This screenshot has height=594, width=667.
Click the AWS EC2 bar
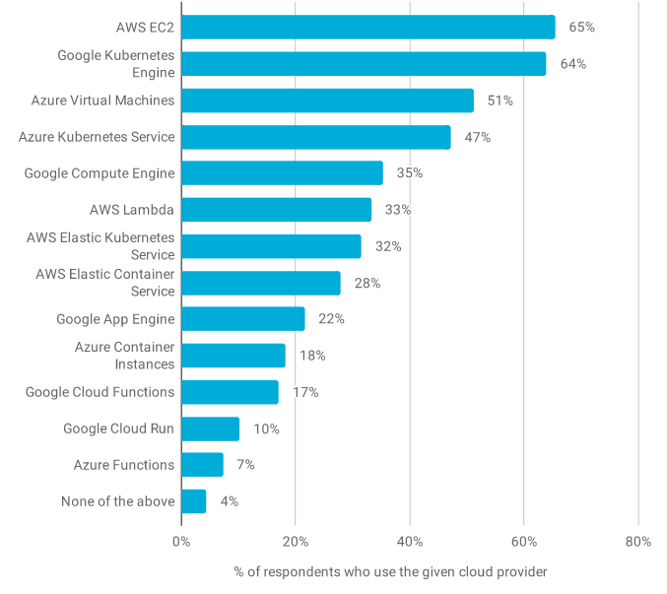(x=367, y=28)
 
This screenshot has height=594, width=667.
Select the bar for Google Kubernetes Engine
(x=363, y=64)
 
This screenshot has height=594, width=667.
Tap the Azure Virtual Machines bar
(x=327, y=100)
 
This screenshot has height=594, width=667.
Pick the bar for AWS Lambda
(x=276, y=210)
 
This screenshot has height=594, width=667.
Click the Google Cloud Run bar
(x=210, y=429)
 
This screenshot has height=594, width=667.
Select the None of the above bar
(x=193, y=501)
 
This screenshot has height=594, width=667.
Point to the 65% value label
(x=582, y=28)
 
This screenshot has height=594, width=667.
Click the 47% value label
(x=477, y=137)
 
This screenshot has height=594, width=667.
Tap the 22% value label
(x=331, y=319)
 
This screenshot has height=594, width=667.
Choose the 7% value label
(x=245, y=465)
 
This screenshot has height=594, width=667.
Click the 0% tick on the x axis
(x=181, y=541)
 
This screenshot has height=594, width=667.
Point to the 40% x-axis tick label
(x=410, y=541)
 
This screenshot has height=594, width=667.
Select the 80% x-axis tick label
(x=637, y=541)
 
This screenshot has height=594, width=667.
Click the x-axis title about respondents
(x=390, y=571)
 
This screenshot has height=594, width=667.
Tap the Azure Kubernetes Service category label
(x=97, y=137)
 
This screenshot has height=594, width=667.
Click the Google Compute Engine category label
(x=100, y=173)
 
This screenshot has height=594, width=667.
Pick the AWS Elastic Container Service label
(x=105, y=283)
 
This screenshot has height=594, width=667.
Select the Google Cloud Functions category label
(x=100, y=392)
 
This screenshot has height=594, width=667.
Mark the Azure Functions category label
(x=124, y=465)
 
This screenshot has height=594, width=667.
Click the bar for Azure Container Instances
(x=233, y=356)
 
